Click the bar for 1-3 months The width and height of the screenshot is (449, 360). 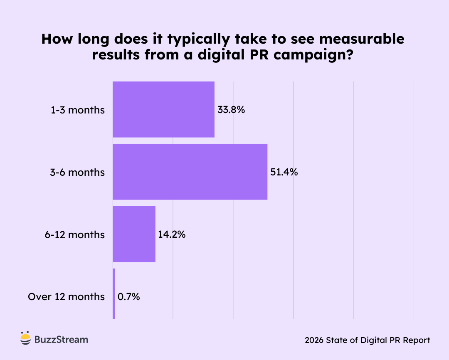pos(163,109)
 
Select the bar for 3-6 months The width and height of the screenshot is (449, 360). pos(190,172)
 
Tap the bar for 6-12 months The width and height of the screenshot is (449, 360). pos(134,234)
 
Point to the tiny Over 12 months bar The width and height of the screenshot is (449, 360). pos(113,294)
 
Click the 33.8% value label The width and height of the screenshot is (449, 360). pos(231,110)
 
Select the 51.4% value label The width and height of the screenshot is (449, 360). pos(284,172)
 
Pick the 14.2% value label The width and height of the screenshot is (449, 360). pos(172,234)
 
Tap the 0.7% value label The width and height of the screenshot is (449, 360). pos(129,297)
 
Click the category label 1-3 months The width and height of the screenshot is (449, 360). pos(78,110)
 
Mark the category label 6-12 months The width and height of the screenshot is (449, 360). pos(75,234)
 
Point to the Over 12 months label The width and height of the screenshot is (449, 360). pos(67,297)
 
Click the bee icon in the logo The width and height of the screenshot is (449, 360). pos(25,339)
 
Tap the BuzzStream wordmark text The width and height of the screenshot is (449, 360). pos(61,339)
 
